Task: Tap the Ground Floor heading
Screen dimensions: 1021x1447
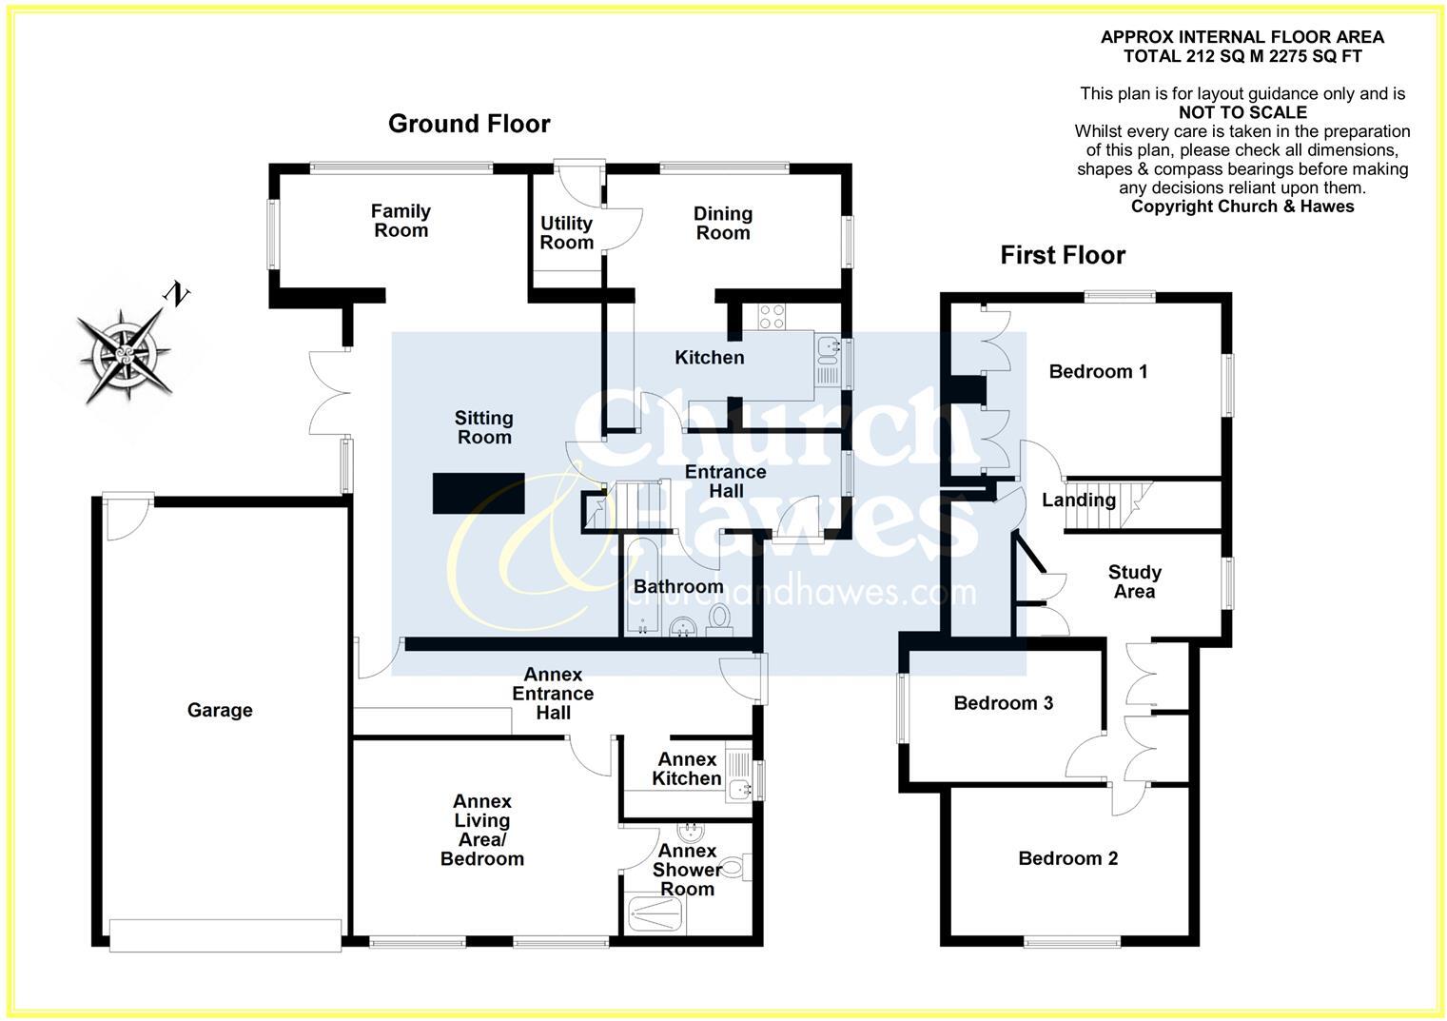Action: [x=469, y=124]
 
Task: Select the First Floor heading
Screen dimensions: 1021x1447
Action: [x=1063, y=255]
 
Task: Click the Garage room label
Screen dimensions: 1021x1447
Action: [x=220, y=710]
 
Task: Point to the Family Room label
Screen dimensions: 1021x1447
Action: [x=401, y=221]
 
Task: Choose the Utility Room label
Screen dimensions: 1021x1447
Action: [x=566, y=233]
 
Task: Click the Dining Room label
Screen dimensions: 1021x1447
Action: [x=723, y=224]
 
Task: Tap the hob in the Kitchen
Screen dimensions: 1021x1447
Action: [x=772, y=316]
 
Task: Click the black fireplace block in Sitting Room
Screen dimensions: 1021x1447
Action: [x=479, y=493]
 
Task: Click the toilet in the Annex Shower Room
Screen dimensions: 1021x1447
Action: [x=734, y=867]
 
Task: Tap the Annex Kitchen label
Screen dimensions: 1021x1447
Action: [x=687, y=769]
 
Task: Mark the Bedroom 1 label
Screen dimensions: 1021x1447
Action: [x=1098, y=371]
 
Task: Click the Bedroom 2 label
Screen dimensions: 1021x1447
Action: [x=1067, y=858]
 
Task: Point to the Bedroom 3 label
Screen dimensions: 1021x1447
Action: [x=1003, y=703]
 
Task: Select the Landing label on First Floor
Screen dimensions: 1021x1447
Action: [x=1078, y=500]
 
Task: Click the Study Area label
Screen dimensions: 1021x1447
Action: [x=1134, y=581]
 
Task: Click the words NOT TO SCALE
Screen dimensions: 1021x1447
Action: [x=1242, y=112]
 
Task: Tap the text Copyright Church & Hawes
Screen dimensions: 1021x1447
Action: [x=1242, y=206]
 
